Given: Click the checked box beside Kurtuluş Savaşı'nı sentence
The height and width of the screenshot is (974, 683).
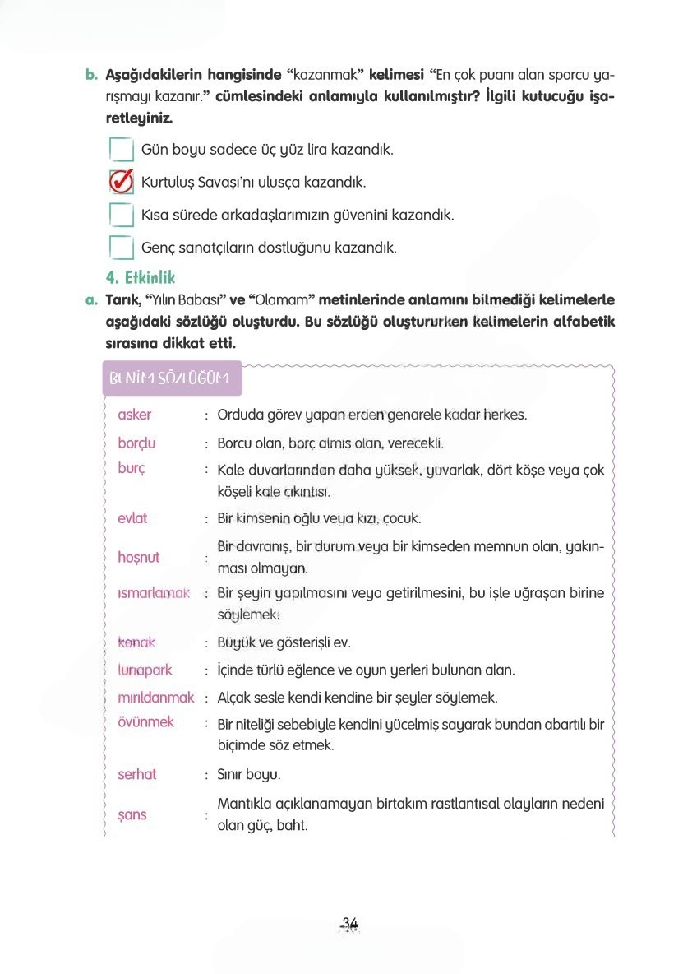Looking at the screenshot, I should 122,182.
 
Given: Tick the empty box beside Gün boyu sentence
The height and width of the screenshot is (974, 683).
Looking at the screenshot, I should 122,150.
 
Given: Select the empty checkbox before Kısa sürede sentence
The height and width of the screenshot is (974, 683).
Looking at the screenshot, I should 122,215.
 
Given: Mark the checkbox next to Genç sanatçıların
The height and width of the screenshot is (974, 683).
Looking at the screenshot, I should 122,247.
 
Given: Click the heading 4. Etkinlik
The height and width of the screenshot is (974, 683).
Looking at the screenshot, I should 141,278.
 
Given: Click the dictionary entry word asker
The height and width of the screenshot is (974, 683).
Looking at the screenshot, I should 135,415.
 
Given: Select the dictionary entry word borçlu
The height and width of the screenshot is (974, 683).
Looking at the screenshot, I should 136,443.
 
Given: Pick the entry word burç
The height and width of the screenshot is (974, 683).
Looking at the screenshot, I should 132,469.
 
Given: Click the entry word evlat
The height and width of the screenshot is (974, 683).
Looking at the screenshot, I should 133,518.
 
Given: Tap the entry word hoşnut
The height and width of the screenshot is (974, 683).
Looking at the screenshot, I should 139,557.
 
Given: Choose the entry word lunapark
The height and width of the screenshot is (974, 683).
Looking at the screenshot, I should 145,670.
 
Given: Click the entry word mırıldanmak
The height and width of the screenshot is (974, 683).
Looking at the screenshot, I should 156,698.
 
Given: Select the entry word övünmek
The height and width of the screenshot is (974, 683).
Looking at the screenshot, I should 146,722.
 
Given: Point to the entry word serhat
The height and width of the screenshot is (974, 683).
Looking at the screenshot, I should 137,774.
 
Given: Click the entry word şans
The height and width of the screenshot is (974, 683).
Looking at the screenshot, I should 132,814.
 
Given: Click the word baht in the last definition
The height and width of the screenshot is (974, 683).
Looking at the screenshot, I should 291,824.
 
